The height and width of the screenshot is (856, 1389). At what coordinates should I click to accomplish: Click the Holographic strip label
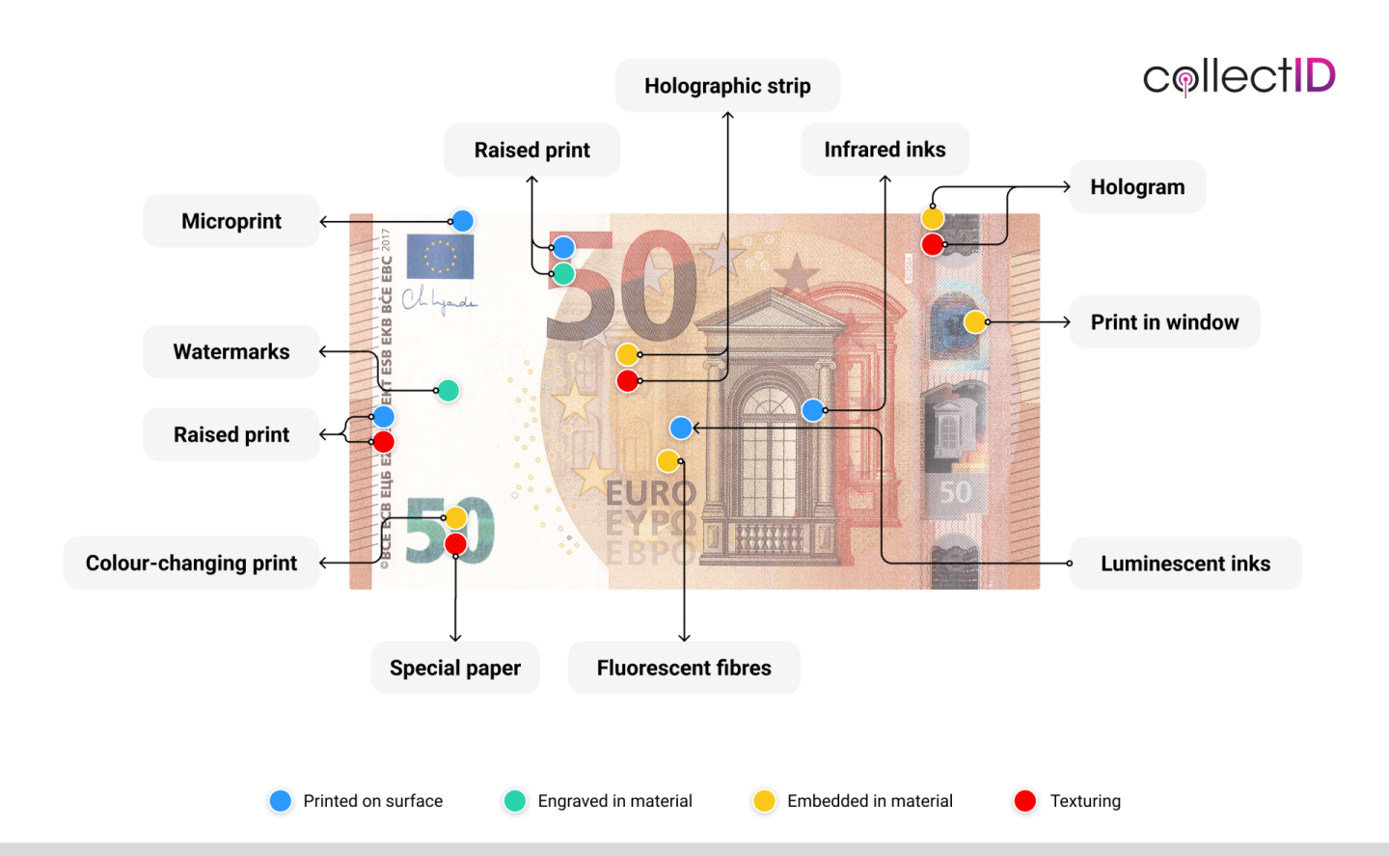point(727,86)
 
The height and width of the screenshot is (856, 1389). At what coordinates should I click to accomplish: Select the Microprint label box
point(231,221)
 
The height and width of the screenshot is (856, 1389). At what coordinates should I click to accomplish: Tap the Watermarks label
point(231,351)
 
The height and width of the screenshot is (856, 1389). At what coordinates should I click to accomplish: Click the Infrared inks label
point(885,150)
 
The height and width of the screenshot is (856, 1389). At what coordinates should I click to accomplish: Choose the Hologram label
point(1137,187)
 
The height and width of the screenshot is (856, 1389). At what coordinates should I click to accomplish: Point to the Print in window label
point(1164,322)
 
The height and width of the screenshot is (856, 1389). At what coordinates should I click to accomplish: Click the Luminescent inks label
point(1185,564)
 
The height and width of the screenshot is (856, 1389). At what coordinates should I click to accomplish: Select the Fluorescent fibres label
point(684,668)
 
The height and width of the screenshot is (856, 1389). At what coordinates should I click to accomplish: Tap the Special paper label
point(455,668)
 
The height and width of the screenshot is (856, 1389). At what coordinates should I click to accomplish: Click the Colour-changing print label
point(191,564)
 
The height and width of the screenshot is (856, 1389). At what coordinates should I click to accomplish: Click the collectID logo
point(1239,76)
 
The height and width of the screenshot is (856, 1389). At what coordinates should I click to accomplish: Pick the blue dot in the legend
point(281,801)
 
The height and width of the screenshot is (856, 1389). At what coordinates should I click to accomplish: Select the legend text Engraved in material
point(614,801)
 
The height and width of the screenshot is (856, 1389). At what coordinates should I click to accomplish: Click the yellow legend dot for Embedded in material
point(764,801)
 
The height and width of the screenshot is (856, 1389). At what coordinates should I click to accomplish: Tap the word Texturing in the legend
point(1085,801)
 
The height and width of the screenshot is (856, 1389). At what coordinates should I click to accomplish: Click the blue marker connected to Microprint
point(463,221)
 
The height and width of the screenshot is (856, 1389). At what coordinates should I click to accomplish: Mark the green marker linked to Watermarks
point(448,391)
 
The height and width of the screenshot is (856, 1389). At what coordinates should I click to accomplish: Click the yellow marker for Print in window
point(975,322)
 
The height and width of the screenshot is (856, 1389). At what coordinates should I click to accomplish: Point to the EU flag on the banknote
point(440,257)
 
